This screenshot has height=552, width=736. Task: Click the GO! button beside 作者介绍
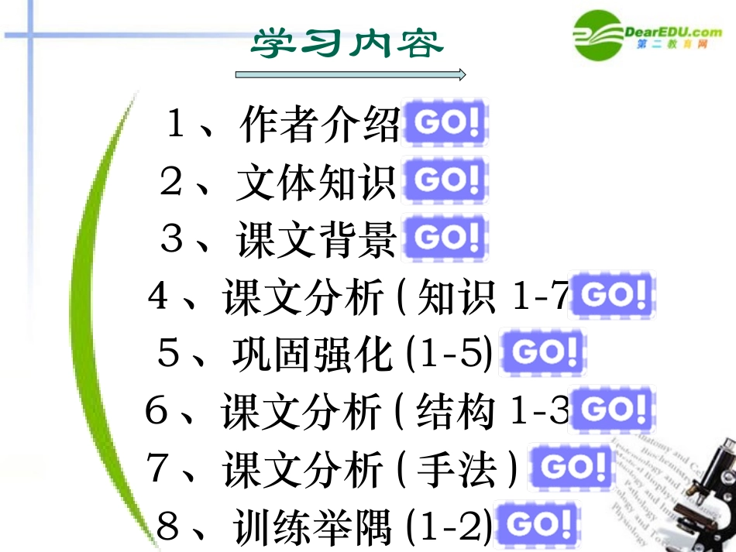[x=445, y=123]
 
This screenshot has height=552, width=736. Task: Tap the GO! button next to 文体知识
[x=445, y=180]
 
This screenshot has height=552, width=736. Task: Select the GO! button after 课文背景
[x=445, y=238]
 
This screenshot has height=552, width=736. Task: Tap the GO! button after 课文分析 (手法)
[x=571, y=467]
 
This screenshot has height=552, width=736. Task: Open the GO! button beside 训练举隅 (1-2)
[x=536, y=525]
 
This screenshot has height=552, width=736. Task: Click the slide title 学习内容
[x=347, y=43]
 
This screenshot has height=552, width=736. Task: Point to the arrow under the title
[x=350, y=74]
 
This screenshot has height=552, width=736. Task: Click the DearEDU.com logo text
[x=671, y=32]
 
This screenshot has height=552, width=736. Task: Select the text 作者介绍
[x=319, y=125]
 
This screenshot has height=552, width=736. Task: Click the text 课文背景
[x=317, y=239]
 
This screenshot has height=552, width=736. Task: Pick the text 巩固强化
[x=312, y=355]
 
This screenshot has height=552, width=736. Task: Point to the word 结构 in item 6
[x=456, y=412]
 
